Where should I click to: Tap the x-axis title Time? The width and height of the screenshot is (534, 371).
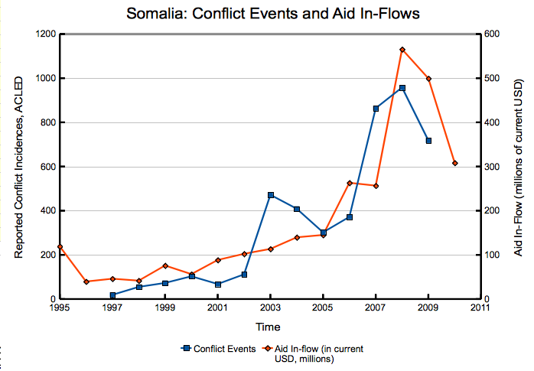[268, 327]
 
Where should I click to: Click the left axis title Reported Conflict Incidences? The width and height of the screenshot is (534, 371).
[19, 166]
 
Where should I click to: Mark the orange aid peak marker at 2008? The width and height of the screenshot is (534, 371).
[402, 50]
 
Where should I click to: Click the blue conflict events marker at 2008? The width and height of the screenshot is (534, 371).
[402, 88]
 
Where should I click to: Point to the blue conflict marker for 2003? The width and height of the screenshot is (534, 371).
[270, 195]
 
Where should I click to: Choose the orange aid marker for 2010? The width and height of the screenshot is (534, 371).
[454, 163]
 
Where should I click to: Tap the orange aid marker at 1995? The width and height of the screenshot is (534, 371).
[60, 246]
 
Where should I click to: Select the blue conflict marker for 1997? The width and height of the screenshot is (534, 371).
[112, 295]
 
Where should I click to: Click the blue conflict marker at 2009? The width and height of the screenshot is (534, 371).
[428, 141]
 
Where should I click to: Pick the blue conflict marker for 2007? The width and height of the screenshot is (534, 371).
[376, 109]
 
